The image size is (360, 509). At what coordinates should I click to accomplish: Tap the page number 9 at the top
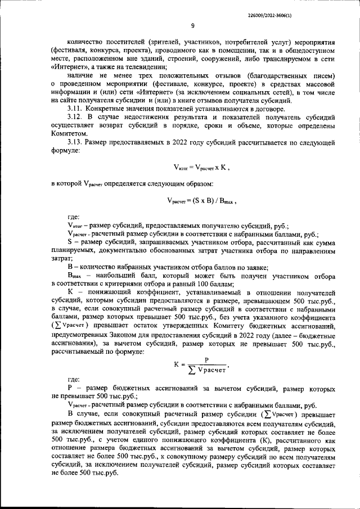pyautogui.click(x=192, y=25)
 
